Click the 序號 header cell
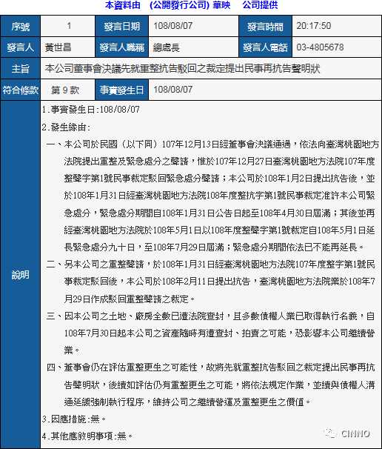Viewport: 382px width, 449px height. click(x=21, y=26)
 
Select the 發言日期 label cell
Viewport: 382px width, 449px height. click(x=121, y=26)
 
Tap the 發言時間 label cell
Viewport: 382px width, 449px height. click(x=265, y=26)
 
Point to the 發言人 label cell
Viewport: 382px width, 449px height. click(x=21, y=47)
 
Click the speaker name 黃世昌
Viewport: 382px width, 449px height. click(x=59, y=47)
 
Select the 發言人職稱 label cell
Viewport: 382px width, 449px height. click(x=121, y=47)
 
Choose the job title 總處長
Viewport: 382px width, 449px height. click(x=166, y=47)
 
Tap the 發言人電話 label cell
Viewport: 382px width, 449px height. click(x=265, y=47)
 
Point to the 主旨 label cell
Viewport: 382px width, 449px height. click(x=21, y=68)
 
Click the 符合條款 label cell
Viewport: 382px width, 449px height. click(x=21, y=89)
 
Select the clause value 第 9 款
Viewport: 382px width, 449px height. click(x=64, y=89)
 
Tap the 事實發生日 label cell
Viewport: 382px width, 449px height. click(x=121, y=89)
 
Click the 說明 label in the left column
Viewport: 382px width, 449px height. click(x=21, y=274)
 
